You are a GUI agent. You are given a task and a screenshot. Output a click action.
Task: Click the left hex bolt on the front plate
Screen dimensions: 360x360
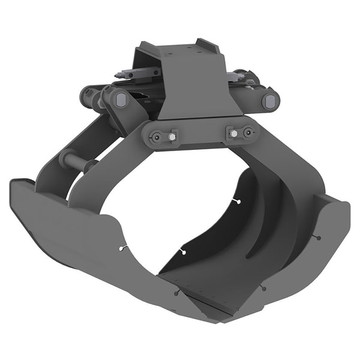click(x=172, y=137)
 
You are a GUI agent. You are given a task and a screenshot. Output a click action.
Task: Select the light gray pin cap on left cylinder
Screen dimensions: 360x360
click(x=120, y=100)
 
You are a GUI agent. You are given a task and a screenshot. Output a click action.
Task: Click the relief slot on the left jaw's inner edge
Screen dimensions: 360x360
click(x=124, y=247)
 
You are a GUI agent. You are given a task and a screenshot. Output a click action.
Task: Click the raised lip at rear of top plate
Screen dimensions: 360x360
click(x=207, y=46)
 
